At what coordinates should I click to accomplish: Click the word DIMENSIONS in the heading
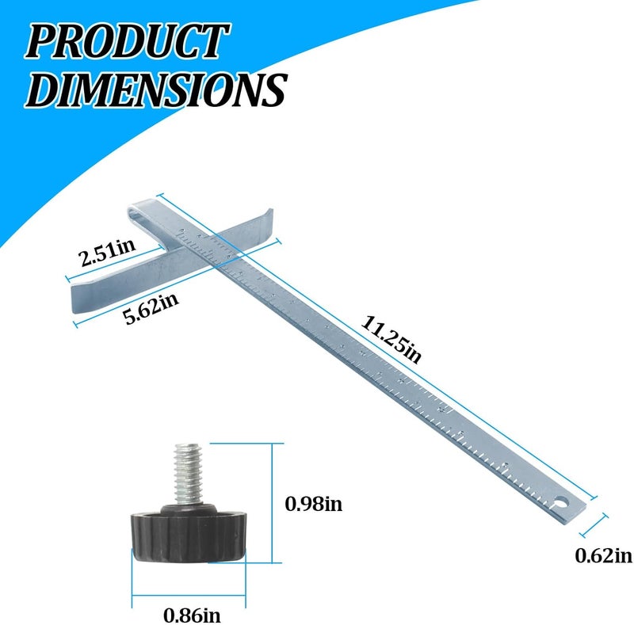pyautogui.click(x=156, y=90)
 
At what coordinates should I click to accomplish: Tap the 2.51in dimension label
pyautogui.click(x=107, y=252)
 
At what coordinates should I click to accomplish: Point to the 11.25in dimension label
pyautogui.click(x=391, y=340)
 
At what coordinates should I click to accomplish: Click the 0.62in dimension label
pyautogui.click(x=603, y=555)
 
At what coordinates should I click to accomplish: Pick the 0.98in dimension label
pyautogui.click(x=313, y=504)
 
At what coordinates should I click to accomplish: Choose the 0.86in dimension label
pyautogui.click(x=192, y=615)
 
